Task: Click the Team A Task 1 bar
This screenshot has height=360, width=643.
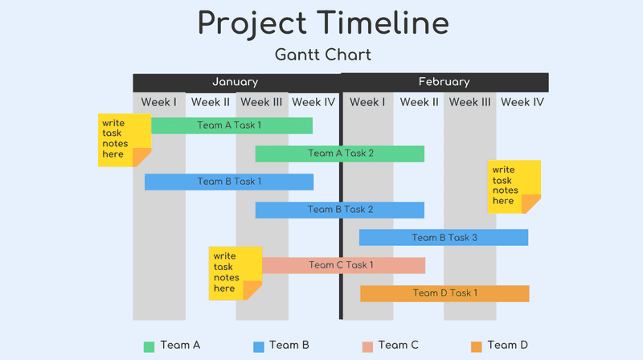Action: click(x=231, y=125)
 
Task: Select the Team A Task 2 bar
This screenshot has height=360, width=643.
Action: click(x=340, y=153)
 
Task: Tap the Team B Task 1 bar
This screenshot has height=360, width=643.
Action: click(x=229, y=182)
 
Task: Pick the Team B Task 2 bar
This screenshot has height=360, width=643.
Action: click(x=340, y=210)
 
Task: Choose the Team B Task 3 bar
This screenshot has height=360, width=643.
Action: click(x=444, y=238)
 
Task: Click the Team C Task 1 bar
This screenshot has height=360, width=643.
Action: click(x=343, y=265)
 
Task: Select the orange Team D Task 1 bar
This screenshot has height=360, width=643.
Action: click(x=444, y=293)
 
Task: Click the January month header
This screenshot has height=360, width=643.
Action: click(x=235, y=82)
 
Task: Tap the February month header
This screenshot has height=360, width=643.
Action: click(x=444, y=82)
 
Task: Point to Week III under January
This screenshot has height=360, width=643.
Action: click(x=261, y=102)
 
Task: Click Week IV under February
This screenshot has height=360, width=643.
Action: click(x=522, y=102)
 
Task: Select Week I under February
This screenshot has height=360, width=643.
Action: click(x=367, y=102)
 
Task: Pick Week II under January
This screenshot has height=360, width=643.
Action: click(x=211, y=102)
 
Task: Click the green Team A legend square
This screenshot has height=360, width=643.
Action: click(x=149, y=346)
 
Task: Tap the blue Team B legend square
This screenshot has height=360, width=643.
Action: click(x=259, y=346)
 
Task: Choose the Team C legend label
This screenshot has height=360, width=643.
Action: click(x=398, y=346)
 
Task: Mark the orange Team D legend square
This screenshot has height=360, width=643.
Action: click(x=476, y=346)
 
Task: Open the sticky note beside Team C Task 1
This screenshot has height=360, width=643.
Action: click(x=235, y=273)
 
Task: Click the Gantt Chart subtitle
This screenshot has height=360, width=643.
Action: click(x=322, y=55)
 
